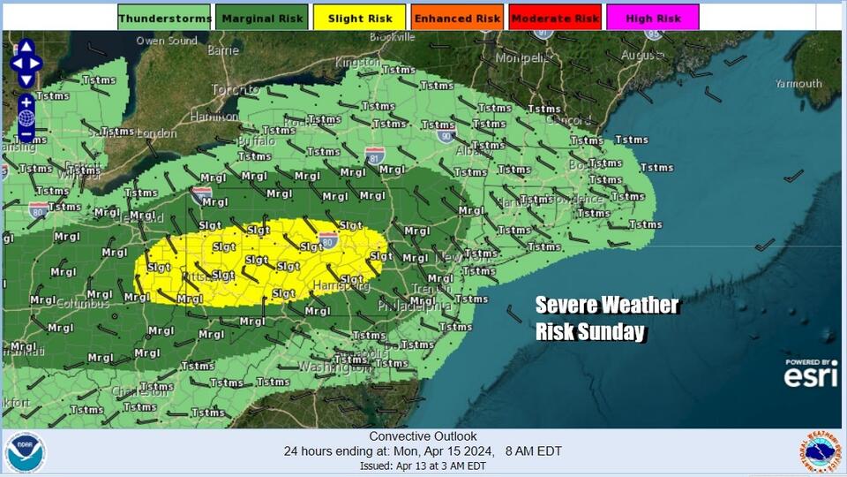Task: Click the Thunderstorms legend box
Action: (x=164, y=18)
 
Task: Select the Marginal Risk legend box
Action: (x=262, y=18)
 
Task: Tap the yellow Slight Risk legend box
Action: (x=359, y=18)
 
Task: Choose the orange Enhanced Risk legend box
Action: (x=457, y=18)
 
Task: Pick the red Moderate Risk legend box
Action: (x=555, y=18)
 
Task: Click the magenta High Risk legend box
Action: (x=653, y=18)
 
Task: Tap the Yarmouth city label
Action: (x=798, y=84)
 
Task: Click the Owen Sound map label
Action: (x=167, y=41)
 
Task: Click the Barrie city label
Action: (x=223, y=51)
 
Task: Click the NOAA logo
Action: (x=25, y=452)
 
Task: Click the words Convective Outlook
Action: (x=423, y=436)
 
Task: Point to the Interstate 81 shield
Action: (x=375, y=153)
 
